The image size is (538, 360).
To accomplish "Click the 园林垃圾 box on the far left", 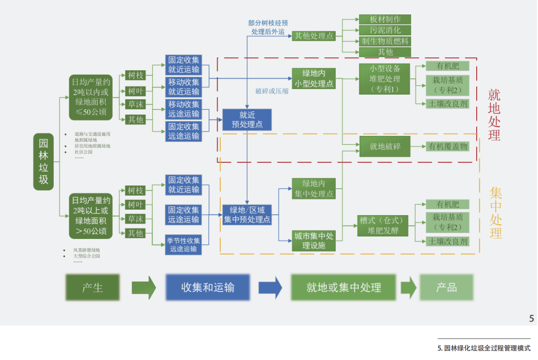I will click(x=43, y=162).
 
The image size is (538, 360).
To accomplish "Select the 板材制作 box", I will click(x=385, y=19).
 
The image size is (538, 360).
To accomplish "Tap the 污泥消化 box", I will click(x=385, y=30).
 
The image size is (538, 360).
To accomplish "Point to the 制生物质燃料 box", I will click(x=385, y=41).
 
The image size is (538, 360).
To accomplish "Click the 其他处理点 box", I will click(x=314, y=36).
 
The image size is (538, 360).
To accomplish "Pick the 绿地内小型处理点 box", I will click(x=314, y=79).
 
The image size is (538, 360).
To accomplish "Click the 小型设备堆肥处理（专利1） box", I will click(x=385, y=79).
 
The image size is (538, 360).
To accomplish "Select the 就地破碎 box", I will click(x=385, y=146).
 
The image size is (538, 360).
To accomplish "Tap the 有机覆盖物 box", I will click(x=448, y=146).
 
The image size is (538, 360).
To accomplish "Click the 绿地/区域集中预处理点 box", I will click(x=247, y=215).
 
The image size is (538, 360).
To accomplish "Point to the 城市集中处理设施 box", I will click(x=314, y=240).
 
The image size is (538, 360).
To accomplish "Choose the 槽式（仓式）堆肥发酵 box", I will click(x=384, y=225).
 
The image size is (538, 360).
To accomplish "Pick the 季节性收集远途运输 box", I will click(x=184, y=244).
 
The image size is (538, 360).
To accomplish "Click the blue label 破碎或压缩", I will click(x=271, y=92).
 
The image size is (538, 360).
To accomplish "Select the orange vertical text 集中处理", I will click(x=495, y=213).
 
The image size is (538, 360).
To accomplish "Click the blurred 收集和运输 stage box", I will click(x=208, y=287).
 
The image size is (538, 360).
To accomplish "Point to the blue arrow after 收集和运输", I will click(x=270, y=287).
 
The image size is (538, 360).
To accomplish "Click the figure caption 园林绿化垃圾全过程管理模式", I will click(x=484, y=349).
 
